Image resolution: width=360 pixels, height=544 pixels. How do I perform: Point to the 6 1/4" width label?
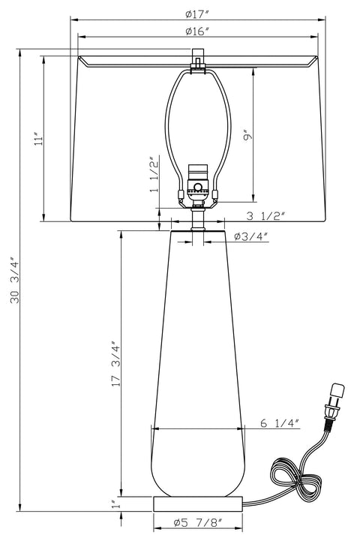(x=279, y=423)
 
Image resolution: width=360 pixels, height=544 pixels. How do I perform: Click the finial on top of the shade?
(x=198, y=59)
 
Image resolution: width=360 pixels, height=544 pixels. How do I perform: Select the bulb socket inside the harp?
(x=198, y=184)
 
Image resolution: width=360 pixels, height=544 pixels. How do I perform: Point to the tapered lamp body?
(x=198, y=360)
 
